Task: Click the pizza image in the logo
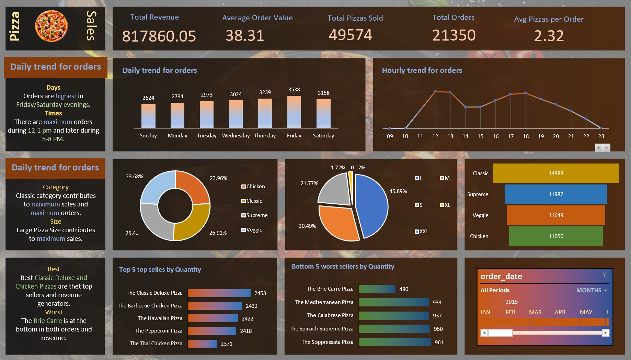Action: tap(51, 26)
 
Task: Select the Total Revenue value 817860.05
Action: tap(159, 36)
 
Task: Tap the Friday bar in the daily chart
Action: tap(294, 112)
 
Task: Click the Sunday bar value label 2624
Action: tap(148, 98)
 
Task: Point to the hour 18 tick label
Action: tap(526, 136)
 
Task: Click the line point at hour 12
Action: tap(435, 91)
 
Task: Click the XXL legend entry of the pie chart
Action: tap(422, 232)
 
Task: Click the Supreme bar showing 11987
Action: tap(556, 194)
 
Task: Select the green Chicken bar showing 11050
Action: tap(556, 236)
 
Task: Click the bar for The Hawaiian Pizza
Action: tap(213, 318)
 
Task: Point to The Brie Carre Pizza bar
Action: tap(377, 289)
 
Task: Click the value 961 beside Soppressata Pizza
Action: tap(439, 342)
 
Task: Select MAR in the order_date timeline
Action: tap(535, 312)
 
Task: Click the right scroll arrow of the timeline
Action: tap(606, 333)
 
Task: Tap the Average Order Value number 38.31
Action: tap(245, 36)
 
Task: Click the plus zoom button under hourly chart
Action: tap(599, 148)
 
